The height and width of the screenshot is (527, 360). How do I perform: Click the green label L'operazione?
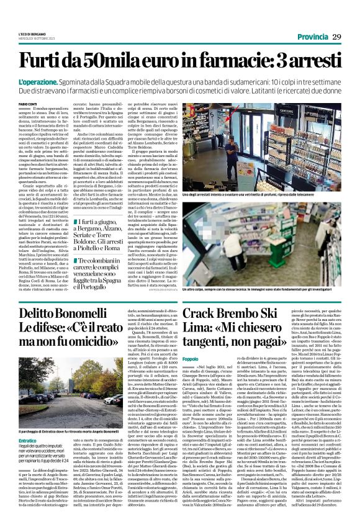pyautogui.click(x=34, y=82)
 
